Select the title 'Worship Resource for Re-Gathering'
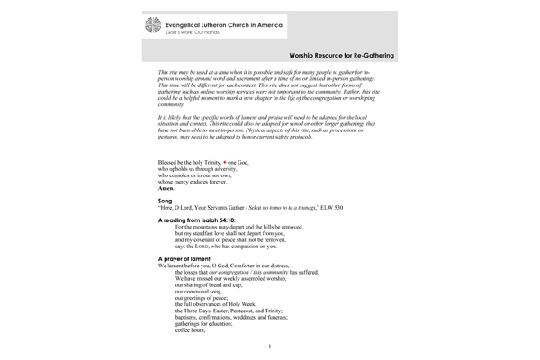click(x=333, y=55)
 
